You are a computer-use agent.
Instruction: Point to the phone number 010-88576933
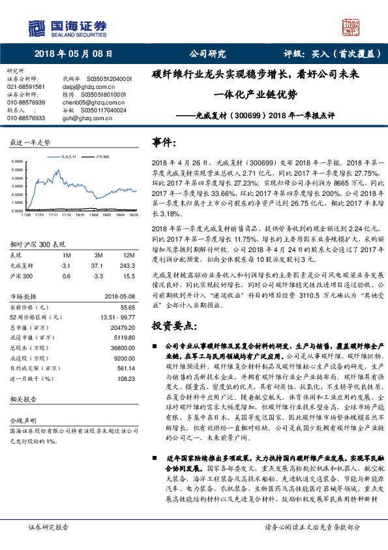click(26, 118)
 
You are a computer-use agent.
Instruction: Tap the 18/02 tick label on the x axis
click(94, 213)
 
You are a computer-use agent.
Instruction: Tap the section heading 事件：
click(165, 142)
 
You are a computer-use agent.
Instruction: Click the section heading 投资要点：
click(175, 325)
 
